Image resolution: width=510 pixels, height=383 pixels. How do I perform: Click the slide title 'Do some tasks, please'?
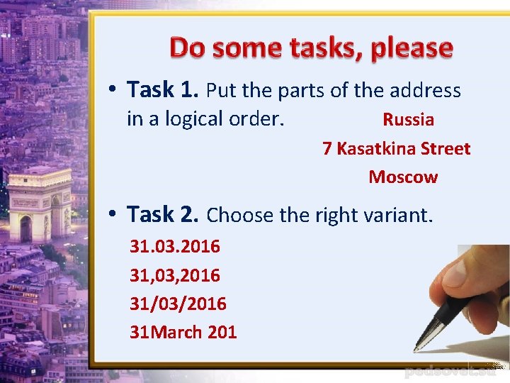[311, 48]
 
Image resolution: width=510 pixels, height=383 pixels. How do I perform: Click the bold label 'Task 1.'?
[163, 90]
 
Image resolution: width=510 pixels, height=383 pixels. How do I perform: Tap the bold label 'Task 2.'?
[164, 213]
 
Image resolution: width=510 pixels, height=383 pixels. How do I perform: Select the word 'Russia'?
[408, 120]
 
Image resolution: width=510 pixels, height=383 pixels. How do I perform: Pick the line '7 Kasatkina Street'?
[396, 149]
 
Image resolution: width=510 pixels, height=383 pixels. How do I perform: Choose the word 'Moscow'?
[403, 177]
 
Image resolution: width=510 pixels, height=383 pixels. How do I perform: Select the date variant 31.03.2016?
[175, 247]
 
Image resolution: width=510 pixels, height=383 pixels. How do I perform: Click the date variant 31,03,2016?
[175, 275]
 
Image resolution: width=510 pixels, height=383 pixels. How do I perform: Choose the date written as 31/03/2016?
[178, 304]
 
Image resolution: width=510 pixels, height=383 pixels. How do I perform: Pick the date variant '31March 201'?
[183, 332]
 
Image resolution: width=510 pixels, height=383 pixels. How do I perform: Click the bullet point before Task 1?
[113, 91]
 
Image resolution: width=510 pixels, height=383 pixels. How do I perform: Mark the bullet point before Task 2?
[113, 214]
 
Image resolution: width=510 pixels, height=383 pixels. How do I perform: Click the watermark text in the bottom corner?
[454, 372]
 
